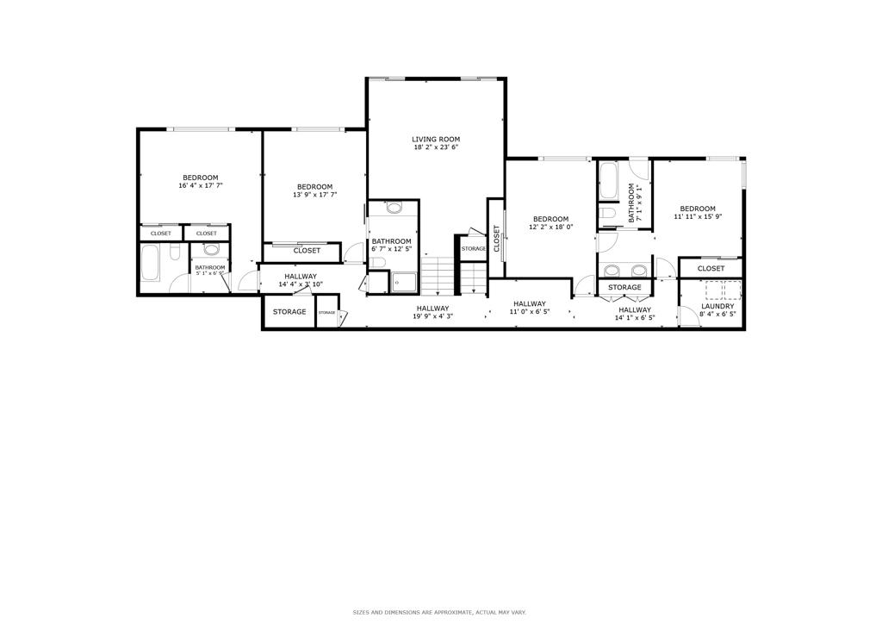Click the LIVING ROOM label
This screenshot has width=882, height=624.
pyautogui.click(x=435, y=139)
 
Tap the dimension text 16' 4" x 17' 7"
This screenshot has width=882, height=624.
pyautogui.click(x=200, y=186)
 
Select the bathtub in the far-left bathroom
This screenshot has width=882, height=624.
pyautogui.click(x=150, y=263)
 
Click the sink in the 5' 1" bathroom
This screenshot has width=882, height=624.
pyautogui.click(x=211, y=251)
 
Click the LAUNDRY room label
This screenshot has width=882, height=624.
pyautogui.click(x=717, y=306)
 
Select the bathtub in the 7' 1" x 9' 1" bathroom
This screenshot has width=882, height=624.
pyautogui.click(x=608, y=181)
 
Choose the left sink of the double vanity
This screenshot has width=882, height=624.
pyautogui.click(x=612, y=269)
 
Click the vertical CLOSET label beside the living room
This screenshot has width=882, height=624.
pyautogui.click(x=496, y=238)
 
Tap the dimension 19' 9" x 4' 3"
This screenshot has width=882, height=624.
pyautogui.click(x=432, y=316)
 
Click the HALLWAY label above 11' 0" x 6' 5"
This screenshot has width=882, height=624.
pyautogui.click(x=530, y=303)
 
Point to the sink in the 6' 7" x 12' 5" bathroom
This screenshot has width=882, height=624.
pyautogui.click(x=394, y=208)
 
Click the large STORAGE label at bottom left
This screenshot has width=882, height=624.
pyautogui.click(x=289, y=311)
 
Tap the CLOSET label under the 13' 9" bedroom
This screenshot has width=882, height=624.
pyautogui.click(x=307, y=251)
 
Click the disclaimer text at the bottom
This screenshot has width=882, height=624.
pyautogui.click(x=440, y=612)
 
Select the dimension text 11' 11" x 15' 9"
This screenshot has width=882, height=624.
pyautogui.click(x=697, y=217)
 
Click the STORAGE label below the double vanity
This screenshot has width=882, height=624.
pyautogui.click(x=624, y=287)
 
